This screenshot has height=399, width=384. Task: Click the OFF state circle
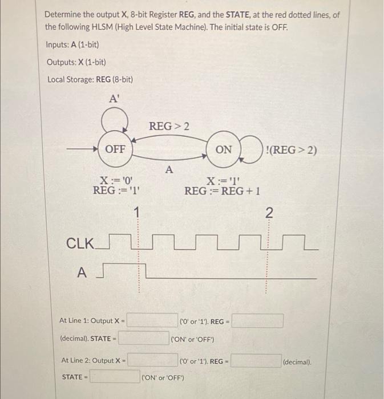pos(115,149)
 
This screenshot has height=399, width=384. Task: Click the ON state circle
pos(224,149)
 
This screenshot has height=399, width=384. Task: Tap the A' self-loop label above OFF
pos(115,99)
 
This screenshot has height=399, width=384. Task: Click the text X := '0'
pos(114,180)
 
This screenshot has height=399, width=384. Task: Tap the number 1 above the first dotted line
pos(136,213)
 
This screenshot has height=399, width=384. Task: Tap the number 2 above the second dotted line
pos(269,213)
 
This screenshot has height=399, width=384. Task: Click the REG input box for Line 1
pos(257,320)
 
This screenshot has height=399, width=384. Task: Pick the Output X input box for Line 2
pos(152,360)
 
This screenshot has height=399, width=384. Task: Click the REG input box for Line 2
pos(255,361)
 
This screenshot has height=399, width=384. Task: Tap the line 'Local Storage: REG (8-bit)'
pos(90,79)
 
